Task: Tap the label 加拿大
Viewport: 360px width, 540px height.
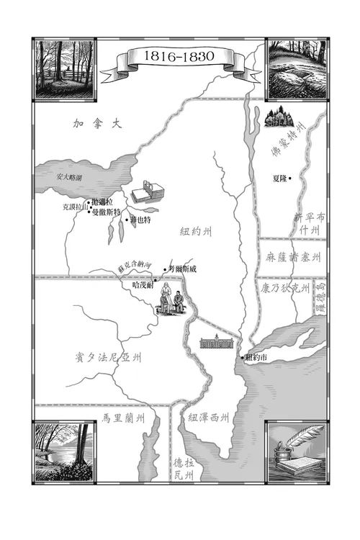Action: click(98, 124)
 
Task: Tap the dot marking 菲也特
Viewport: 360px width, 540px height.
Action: click(127, 220)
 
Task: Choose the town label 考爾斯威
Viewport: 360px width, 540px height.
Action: click(183, 270)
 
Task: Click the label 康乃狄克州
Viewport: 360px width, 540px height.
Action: click(284, 287)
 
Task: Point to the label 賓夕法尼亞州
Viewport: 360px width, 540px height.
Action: click(107, 358)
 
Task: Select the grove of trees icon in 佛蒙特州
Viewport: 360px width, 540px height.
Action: click(277, 117)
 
